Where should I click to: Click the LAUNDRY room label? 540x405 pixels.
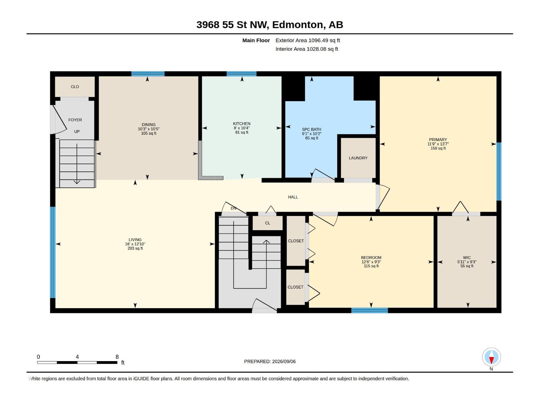point(358,158)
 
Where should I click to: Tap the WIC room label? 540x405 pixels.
point(467,258)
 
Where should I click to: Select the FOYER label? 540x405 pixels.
point(75,120)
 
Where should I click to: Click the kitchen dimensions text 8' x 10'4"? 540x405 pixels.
point(242,128)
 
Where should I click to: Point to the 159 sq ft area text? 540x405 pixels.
point(438,148)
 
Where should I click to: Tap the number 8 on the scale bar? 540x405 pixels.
point(117,357)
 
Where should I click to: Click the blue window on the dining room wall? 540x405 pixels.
point(148,74)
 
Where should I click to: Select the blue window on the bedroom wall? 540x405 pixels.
point(370,310)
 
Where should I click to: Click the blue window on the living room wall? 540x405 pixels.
point(53,252)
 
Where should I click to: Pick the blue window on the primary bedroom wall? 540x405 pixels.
point(499,171)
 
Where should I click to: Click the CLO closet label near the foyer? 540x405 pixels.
point(75,87)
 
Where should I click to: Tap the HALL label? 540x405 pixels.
point(293,197)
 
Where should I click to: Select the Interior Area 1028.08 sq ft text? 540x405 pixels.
point(306,49)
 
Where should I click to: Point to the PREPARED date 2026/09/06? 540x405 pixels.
point(283,361)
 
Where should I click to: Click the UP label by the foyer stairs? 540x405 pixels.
point(77,132)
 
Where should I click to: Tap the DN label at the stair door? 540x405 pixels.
point(234,208)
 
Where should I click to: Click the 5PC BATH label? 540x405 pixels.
point(312,129)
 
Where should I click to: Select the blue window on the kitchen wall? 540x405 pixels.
point(241,74)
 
